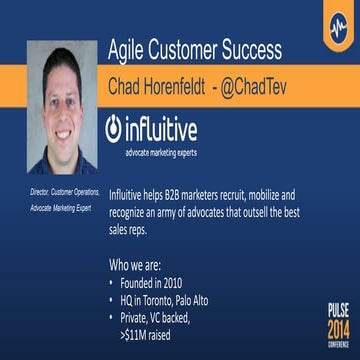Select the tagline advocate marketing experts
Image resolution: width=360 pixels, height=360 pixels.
pos(160,152)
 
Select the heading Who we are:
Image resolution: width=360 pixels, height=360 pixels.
pos(139,267)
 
